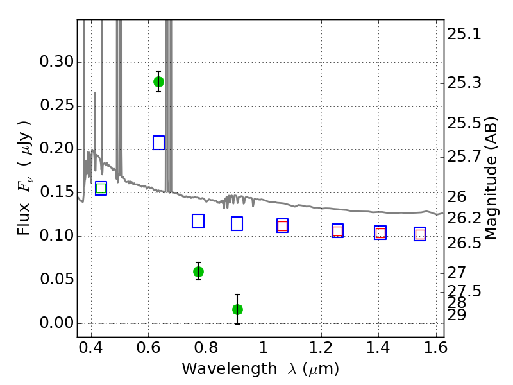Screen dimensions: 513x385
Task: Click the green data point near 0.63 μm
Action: point(158,81)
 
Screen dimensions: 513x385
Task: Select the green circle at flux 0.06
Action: point(198,271)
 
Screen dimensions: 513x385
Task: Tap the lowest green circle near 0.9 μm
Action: point(237,309)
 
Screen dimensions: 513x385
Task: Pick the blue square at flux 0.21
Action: point(158,142)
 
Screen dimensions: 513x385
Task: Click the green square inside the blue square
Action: point(101,188)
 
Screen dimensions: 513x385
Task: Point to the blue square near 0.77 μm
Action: point(198,221)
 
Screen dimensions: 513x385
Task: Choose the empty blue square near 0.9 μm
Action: point(237,223)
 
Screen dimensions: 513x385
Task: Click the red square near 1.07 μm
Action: point(282,226)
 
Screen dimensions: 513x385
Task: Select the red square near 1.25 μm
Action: point(338,231)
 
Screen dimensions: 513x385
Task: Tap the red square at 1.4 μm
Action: point(380,233)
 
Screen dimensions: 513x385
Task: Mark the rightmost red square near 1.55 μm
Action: point(420,234)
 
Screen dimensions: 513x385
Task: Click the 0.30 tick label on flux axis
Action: point(56,62)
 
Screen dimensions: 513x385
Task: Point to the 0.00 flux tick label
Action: point(56,323)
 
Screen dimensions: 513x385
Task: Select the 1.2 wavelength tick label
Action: point(321,348)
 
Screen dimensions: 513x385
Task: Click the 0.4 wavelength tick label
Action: point(90,348)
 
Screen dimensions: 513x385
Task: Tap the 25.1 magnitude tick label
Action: point(464,34)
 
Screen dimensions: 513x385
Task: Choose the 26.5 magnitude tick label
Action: point(464,243)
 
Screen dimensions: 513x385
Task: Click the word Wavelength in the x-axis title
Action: point(230,369)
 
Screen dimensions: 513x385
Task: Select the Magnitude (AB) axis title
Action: point(490,178)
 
